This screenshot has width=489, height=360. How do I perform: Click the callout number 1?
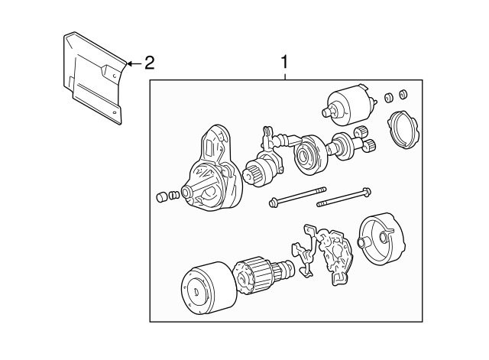click(x=285, y=61)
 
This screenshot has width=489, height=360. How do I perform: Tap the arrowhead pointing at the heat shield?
click(x=128, y=63)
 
